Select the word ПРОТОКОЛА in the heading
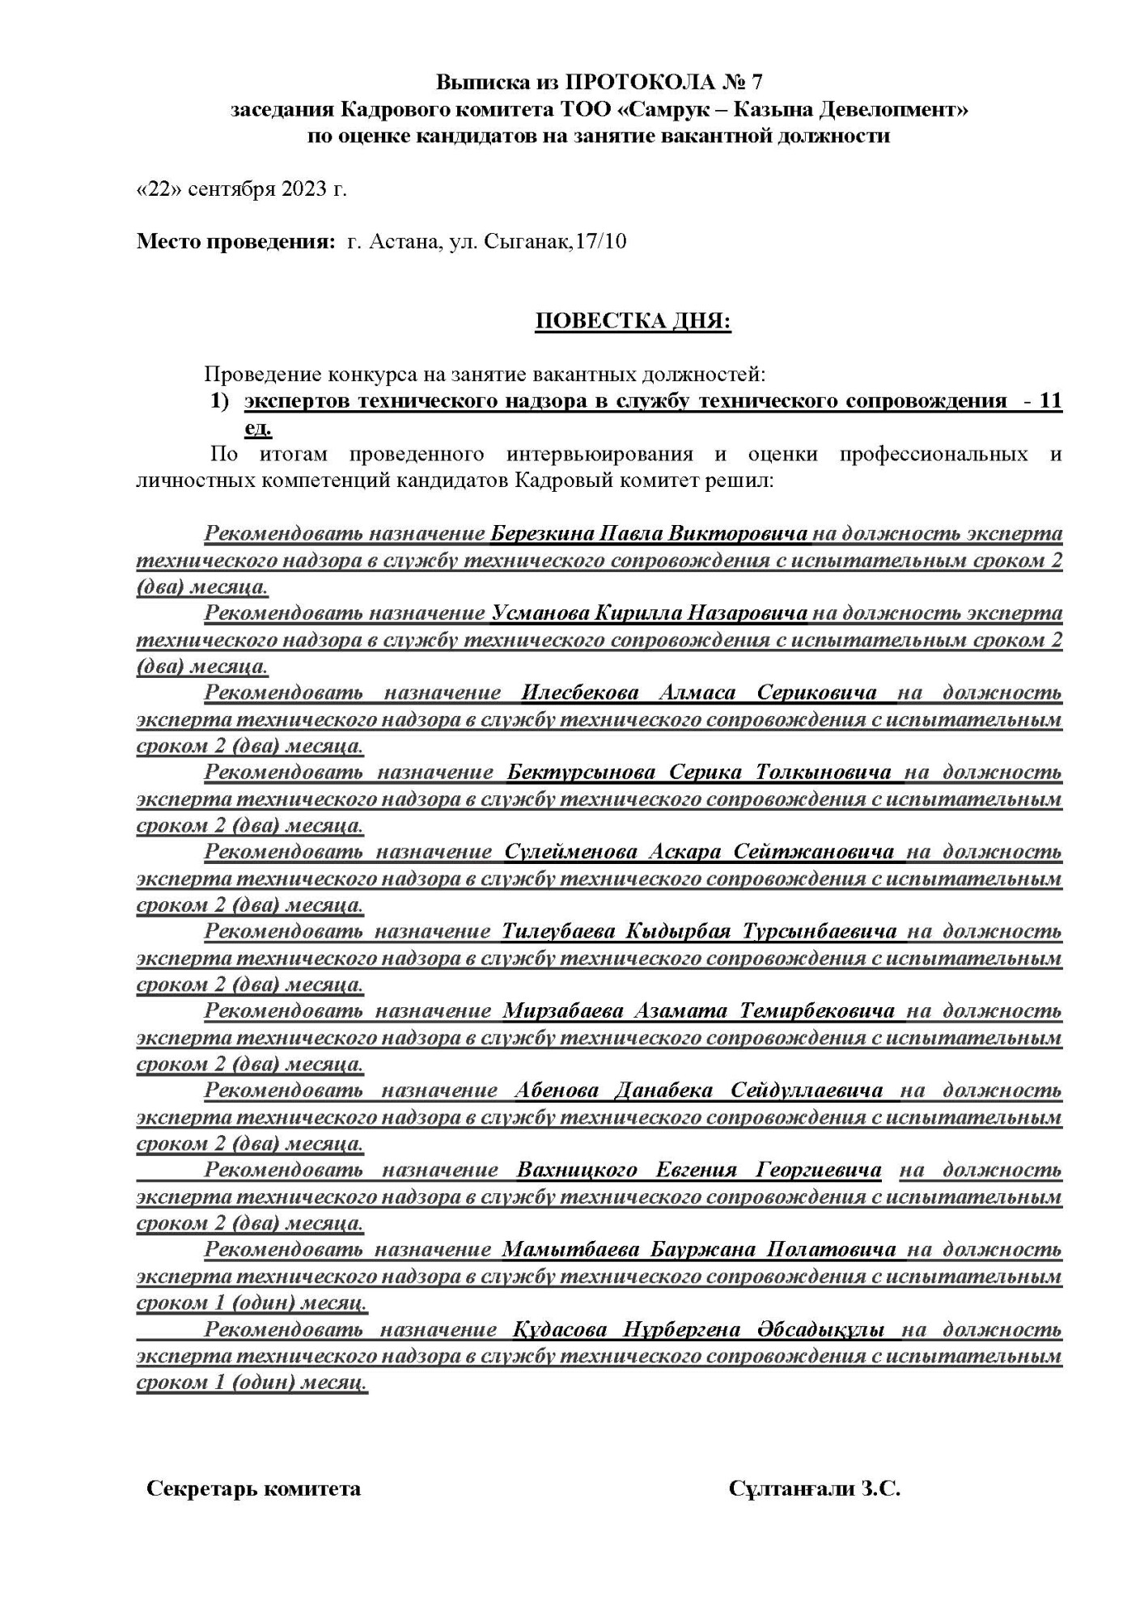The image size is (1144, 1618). [x=624, y=82]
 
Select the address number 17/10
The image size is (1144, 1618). [x=599, y=242]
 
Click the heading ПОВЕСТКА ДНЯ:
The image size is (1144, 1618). [x=633, y=322]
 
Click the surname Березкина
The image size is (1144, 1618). [x=540, y=534]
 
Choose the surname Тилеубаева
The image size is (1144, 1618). [x=558, y=931]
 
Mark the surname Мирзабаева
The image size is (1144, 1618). [x=563, y=1010]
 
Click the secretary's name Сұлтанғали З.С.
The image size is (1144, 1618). [x=814, y=1489]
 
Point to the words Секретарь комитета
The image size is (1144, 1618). [x=253, y=1489]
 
